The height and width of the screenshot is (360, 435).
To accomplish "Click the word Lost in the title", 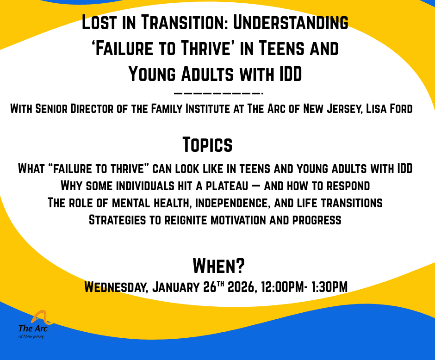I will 98,23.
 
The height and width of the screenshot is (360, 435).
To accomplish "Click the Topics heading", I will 207,145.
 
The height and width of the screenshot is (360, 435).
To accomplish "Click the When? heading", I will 218,266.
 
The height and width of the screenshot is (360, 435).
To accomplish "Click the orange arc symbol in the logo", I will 42,317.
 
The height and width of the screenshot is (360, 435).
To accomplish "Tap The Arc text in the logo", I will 32,328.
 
